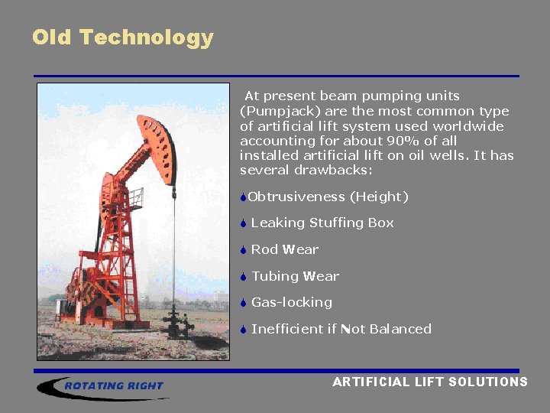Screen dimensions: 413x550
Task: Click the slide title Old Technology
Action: (x=122, y=37)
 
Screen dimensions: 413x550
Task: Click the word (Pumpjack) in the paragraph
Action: (x=276, y=111)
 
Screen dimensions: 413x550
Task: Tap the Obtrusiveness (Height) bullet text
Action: (x=328, y=197)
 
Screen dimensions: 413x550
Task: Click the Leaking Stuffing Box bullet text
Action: (x=322, y=223)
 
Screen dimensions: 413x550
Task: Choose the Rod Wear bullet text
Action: (x=285, y=250)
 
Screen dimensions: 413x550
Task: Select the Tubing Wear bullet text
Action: (x=295, y=277)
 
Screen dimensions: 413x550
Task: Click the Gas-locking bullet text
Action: (x=292, y=303)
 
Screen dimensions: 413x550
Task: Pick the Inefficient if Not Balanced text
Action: (x=341, y=330)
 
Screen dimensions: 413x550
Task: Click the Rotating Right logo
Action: (x=103, y=386)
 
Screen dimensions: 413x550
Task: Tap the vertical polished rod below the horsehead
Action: (x=173, y=245)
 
